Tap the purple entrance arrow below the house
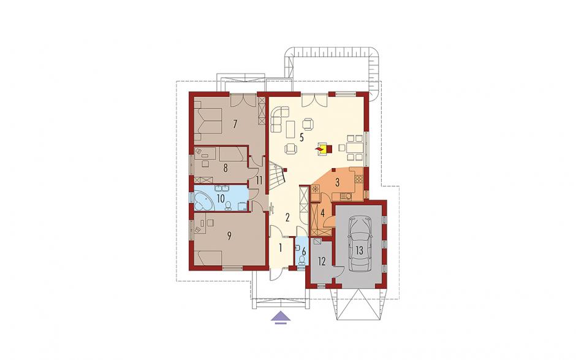(x=280, y=316)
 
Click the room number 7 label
(x=235, y=124)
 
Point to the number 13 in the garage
(x=359, y=251)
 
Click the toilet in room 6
(x=302, y=261)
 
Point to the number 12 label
(x=322, y=262)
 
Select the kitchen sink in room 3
(x=346, y=197)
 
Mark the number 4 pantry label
(x=322, y=213)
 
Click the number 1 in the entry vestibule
(x=280, y=248)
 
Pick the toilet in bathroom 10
(x=228, y=206)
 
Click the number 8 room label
(x=225, y=168)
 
